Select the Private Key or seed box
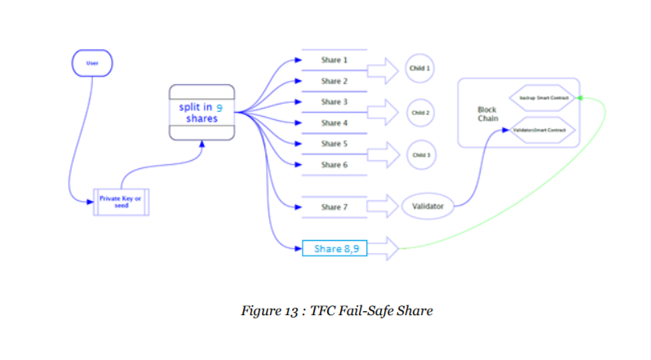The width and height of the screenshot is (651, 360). point(120,202)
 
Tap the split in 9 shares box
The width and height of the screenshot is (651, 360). point(201,112)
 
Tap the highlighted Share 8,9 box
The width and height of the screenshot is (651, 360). point(334,247)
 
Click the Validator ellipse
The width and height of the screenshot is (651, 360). point(428,207)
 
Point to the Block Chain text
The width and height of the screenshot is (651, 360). point(487,113)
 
